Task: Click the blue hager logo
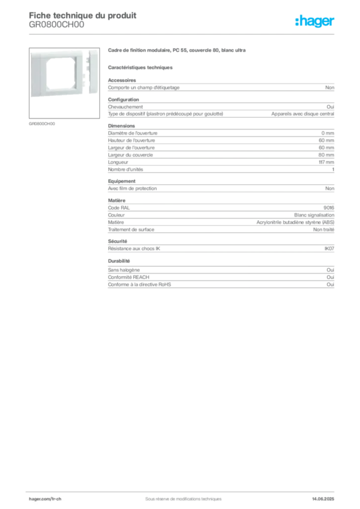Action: point(315,21)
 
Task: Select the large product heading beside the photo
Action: point(177,51)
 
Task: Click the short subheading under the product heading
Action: point(141,67)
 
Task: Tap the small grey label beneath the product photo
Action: point(41,123)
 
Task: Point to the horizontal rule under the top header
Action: point(182,33)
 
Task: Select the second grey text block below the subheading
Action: point(221,108)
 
